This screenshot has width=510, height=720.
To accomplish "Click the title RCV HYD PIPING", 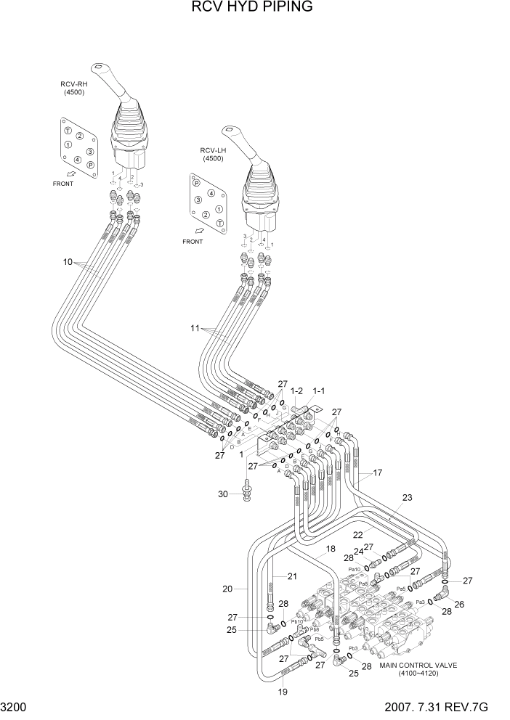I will (x=252, y=8).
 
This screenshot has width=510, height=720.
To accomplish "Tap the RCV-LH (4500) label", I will (x=213, y=154).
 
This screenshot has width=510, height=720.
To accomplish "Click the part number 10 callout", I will (x=68, y=262).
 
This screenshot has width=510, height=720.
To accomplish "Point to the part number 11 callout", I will (x=194, y=328).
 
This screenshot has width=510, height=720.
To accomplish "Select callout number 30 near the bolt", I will (x=223, y=494).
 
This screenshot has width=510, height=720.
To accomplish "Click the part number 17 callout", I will (x=377, y=472).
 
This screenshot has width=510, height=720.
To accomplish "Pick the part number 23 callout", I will (x=407, y=497).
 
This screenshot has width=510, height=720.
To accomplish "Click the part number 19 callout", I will (x=283, y=692).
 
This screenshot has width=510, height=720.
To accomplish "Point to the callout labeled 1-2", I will (x=296, y=390).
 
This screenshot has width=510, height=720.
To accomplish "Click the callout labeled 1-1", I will (x=318, y=390).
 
